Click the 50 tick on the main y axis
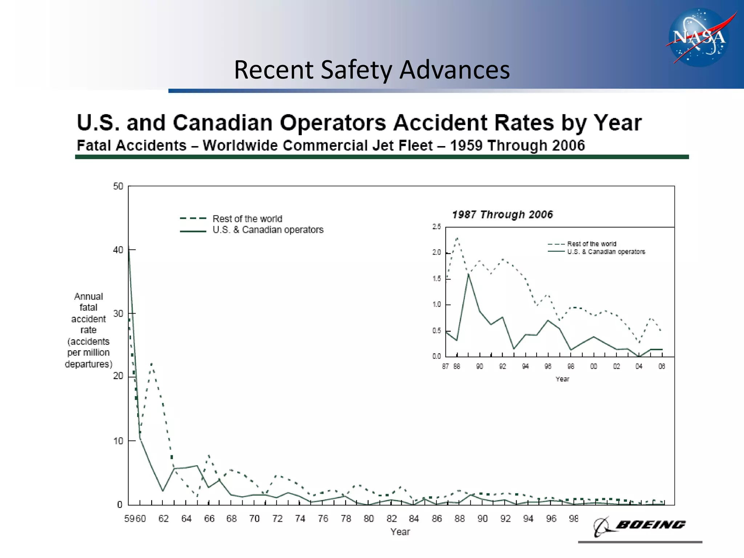[118, 186]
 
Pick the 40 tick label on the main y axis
[118, 250]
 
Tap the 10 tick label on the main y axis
[118, 441]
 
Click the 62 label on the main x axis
[163, 519]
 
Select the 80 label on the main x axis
[369, 519]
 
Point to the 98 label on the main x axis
[574, 519]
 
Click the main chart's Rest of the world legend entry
[247, 219]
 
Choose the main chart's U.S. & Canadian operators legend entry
[268, 230]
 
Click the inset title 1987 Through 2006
[502, 214]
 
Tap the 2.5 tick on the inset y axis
[437, 227]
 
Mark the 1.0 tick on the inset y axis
[437, 304]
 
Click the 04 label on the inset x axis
[639, 367]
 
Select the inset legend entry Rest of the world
[591, 244]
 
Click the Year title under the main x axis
[400, 532]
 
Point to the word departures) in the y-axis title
[89, 364]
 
